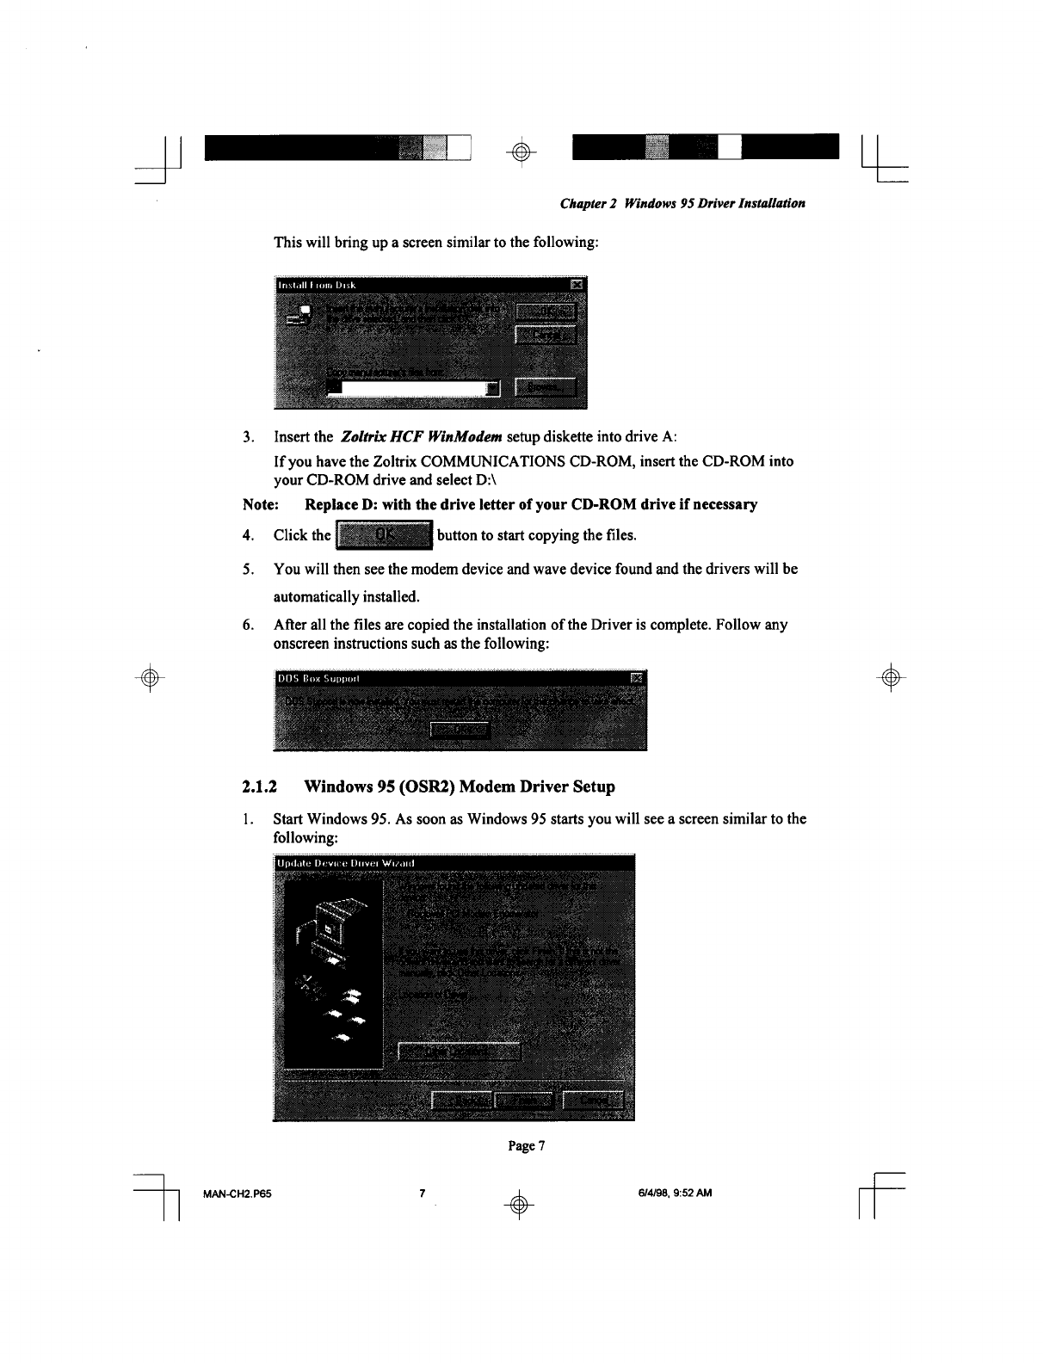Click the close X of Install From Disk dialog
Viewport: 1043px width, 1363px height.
[x=577, y=285]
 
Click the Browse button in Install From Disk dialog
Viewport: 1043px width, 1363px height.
[x=546, y=388]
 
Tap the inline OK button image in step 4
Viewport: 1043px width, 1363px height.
[x=385, y=537]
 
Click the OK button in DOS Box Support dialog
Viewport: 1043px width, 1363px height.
[x=460, y=731]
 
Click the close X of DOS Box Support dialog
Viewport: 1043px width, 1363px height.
[x=637, y=677]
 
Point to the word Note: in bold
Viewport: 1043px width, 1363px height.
[x=259, y=504]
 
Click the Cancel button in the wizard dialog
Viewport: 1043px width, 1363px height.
[x=596, y=1101]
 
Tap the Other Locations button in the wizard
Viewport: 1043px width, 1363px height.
[x=459, y=1052]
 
